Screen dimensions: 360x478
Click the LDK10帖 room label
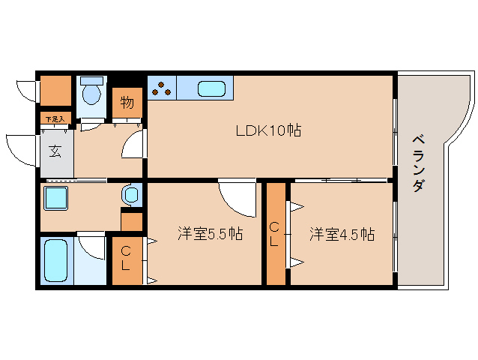(268, 130)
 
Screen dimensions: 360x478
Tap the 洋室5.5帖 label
(210, 234)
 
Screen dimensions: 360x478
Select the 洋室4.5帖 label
(342, 234)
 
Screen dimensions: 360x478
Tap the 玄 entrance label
(55, 151)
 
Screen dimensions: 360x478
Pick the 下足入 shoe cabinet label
(54, 119)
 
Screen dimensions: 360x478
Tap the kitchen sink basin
(213, 88)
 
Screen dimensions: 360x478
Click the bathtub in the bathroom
(55, 260)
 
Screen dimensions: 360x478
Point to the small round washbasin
(132, 196)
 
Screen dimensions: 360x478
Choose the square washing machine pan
(55, 199)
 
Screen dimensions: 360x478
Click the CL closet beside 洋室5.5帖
(125, 259)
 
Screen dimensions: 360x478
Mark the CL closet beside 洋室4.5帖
(276, 234)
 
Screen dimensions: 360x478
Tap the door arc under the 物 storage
(133, 142)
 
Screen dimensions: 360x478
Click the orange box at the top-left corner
(55, 91)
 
